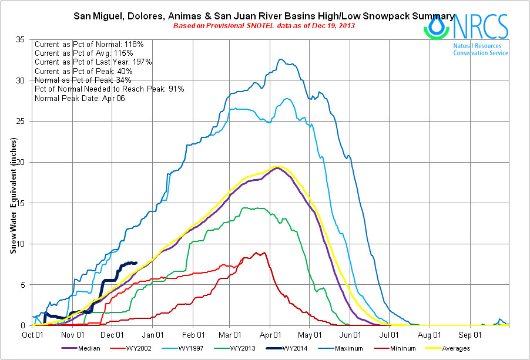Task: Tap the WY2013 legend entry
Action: [x=255, y=348]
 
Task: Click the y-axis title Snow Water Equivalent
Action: [x=12, y=196]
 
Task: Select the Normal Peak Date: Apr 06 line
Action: [x=79, y=97]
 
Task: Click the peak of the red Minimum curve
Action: [x=256, y=252]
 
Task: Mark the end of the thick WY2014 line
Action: [x=136, y=263]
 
